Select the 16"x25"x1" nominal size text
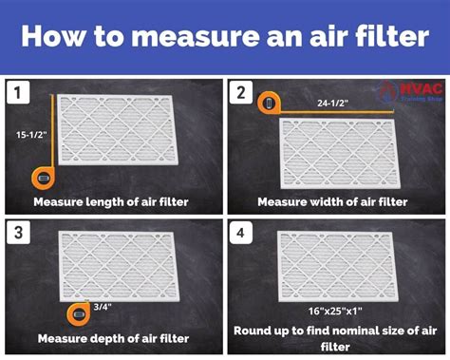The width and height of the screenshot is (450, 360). pyautogui.click(x=333, y=310)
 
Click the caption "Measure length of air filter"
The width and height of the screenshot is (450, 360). pyautogui.click(x=111, y=201)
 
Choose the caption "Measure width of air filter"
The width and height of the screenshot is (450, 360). pyautogui.click(x=333, y=201)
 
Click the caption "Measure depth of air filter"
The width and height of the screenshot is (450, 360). pyautogui.click(x=112, y=338)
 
